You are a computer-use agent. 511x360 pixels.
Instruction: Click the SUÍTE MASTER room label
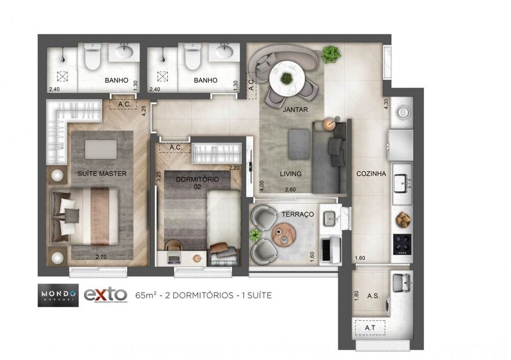(102, 173)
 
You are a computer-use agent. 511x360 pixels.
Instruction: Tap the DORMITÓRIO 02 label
(197, 183)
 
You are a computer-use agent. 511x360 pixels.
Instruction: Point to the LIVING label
(290, 173)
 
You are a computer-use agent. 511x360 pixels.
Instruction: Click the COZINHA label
(371, 173)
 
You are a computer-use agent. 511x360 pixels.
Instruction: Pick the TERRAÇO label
(297, 214)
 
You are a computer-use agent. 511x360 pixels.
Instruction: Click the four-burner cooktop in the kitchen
(402, 243)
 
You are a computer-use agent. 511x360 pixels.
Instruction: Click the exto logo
(105, 295)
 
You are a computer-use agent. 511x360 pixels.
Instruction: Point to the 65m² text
(145, 295)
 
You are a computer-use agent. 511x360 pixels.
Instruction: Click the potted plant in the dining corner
(331, 53)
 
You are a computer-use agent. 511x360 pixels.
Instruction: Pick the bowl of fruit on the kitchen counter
(403, 219)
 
